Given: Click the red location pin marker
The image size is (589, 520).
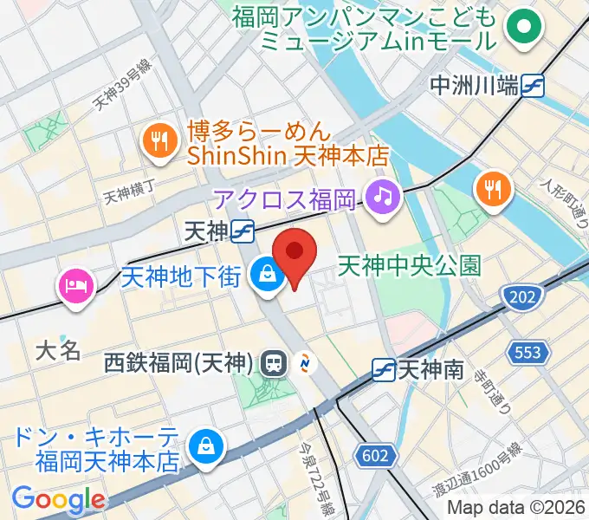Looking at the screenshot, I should (294, 252).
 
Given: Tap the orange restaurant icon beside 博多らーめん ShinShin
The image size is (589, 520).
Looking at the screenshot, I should (158, 141).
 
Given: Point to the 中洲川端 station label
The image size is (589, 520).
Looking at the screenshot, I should (476, 85).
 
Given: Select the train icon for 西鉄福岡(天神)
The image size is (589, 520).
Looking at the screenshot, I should (272, 362).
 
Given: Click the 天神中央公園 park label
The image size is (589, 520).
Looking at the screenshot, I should (409, 263).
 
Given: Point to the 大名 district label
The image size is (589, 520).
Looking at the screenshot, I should (58, 349).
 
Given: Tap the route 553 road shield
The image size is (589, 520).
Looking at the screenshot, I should (530, 351).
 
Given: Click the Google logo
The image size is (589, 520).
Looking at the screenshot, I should (57, 498).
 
